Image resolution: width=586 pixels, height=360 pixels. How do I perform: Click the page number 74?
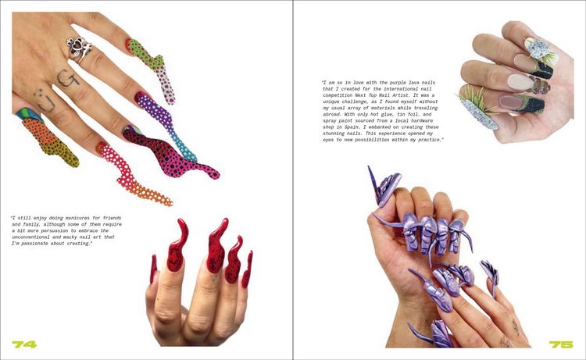(x=24, y=344)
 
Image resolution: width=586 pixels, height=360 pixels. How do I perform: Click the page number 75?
(x=561, y=344)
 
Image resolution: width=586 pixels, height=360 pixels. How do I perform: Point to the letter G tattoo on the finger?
(x=68, y=78)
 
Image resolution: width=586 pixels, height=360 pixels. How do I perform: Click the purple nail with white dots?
(x=164, y=123)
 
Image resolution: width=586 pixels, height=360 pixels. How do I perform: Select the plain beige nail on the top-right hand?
(x=520, y=82)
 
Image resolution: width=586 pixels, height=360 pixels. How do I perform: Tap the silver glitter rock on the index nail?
(x=538, y=49)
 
